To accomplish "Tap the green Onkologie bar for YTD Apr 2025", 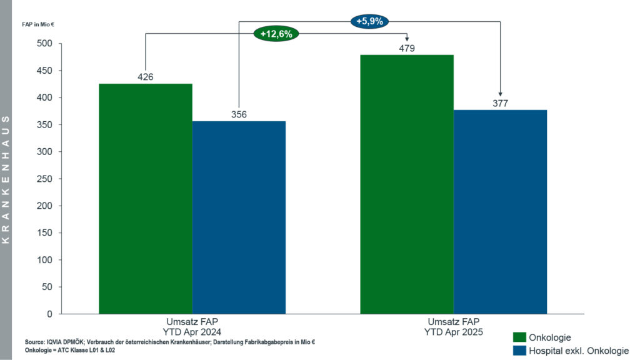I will click(x=407, y=184).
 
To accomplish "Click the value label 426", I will click(x=146, y=77).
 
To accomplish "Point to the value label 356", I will click(x=239, y=114).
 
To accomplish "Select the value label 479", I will click(x=407, y=48).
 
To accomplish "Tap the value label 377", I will click(x=500, y=103).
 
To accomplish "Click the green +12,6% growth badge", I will click(x=276, y=34).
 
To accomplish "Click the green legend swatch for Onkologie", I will click(x=519, y=337).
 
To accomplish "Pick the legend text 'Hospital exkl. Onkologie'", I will click(x=579, y=351).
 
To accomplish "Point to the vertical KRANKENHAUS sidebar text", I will click(x=6, y=180).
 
